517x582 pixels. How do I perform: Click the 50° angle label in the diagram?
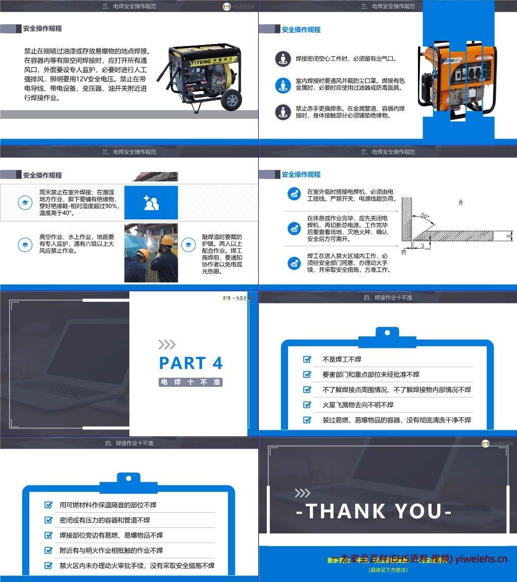[x=426, y=216]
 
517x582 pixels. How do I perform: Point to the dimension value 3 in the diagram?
[x=422, y=246]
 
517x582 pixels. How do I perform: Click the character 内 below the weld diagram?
[x=403, y=251]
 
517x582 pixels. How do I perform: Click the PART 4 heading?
[x=191, y=363]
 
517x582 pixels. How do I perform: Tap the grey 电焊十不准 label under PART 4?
[x=191, y=382]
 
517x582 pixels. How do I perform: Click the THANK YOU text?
[x=373, y=511]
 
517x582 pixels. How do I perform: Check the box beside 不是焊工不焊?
[x=307, y=359]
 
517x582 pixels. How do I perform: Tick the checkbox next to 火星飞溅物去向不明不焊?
[x=307, y=405]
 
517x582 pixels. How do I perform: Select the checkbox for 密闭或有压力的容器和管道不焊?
[x=49, y=520]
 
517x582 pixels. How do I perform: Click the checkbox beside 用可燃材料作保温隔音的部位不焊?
[x=49, y=505]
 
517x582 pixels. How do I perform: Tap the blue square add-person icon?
[x=151, y=203]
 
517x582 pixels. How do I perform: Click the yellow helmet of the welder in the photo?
[x=166, y=240]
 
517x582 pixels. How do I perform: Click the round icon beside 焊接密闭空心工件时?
[x=283, y=59]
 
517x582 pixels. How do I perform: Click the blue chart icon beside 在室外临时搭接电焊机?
[x=294, y=194]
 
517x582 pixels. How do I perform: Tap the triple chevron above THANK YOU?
[x=302, y=493]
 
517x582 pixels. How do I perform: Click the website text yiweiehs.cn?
[x=481, y=559]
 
